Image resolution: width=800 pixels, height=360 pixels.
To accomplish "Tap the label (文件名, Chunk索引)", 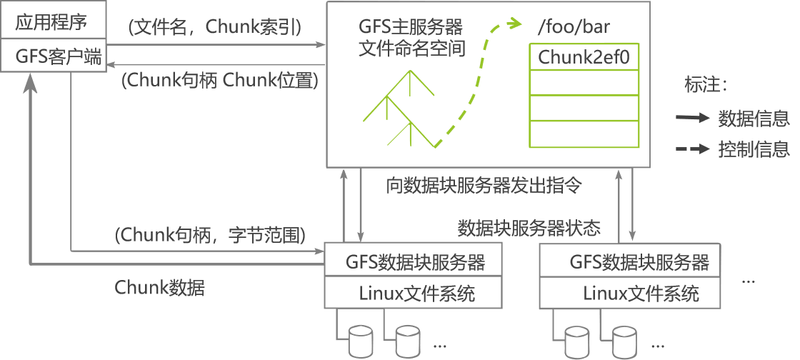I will (214, 27).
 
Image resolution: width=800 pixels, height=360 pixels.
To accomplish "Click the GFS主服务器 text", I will (411, 29).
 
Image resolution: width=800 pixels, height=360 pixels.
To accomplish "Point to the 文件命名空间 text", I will (411, 49).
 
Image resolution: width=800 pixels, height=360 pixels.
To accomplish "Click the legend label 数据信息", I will (754, 119).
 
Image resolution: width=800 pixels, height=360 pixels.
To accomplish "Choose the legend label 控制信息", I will (754, 149).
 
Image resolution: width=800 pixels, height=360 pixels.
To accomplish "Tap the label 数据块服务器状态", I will (529, 228).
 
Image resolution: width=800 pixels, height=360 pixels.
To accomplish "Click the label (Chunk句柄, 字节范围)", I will (210, 234).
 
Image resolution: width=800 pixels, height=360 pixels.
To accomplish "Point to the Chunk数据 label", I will (159, 287).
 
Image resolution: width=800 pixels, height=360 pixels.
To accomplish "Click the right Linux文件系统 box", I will (640, 292).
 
